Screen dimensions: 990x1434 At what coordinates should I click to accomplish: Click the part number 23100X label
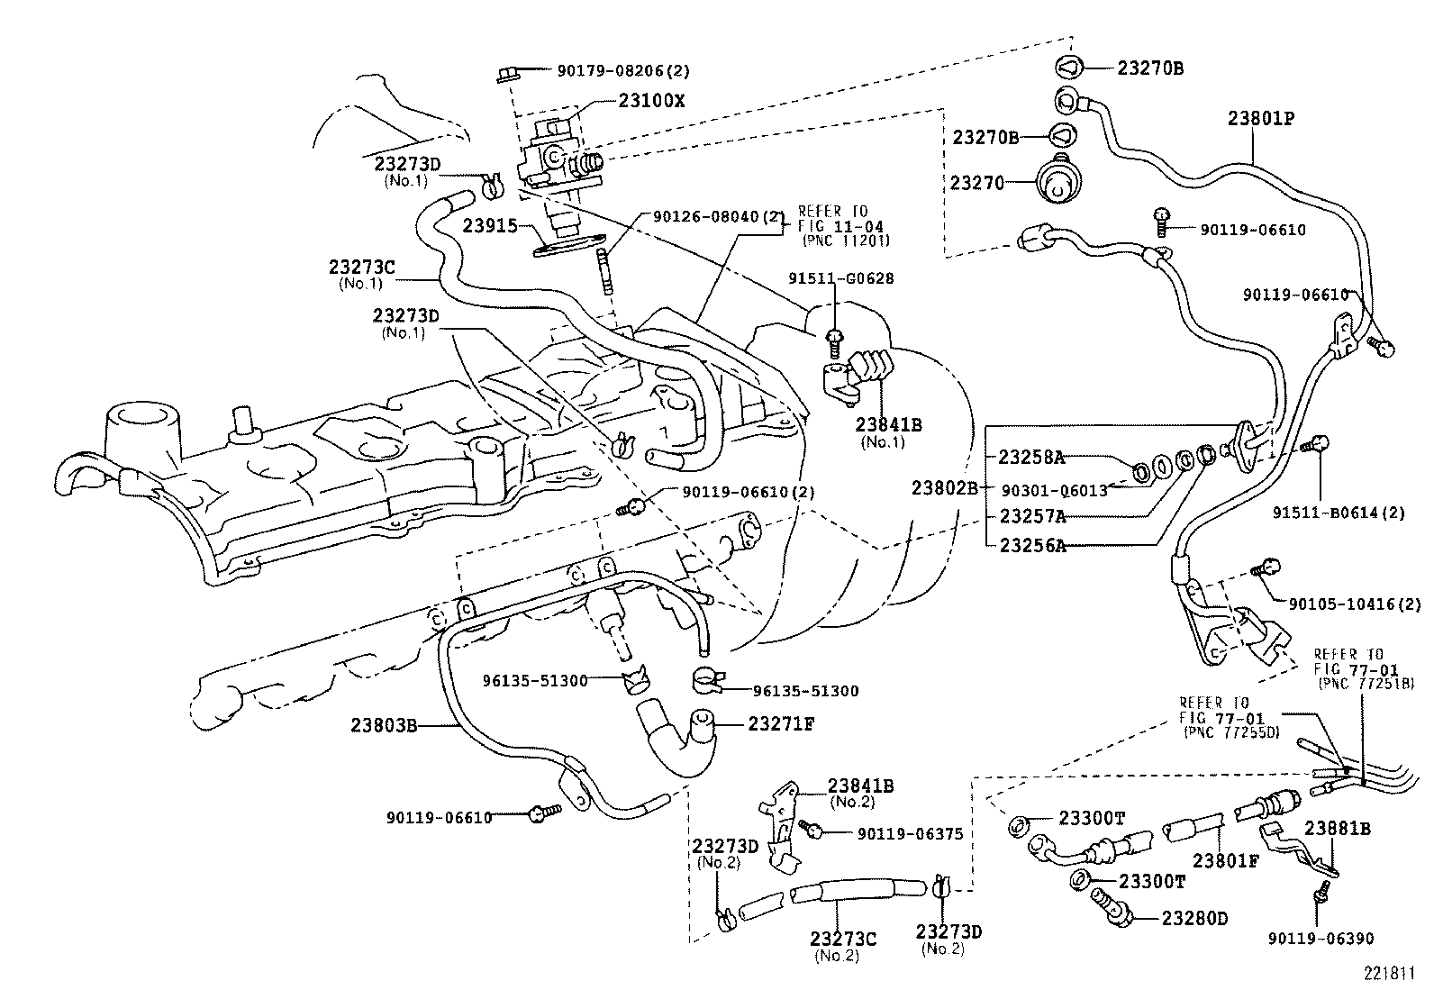[651, 101]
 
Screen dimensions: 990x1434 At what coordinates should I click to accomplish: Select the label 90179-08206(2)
[612, 69]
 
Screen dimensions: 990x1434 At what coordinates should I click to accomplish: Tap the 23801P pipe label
[1261, 118]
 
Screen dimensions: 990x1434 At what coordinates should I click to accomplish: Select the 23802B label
[943, 487]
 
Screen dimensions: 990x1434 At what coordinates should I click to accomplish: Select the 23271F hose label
[780, 723]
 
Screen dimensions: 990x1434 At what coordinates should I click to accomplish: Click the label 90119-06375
[910, 834]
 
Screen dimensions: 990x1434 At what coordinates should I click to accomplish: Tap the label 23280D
[1194, 918]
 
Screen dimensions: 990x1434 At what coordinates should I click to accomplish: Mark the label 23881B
[1338, 829]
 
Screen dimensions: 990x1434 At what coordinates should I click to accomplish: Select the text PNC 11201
[846, 240]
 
